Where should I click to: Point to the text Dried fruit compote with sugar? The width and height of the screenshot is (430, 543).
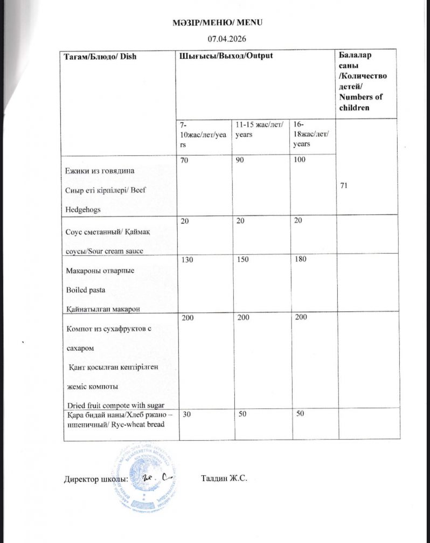point(115,405)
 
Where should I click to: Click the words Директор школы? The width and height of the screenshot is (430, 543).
point(95,479)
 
